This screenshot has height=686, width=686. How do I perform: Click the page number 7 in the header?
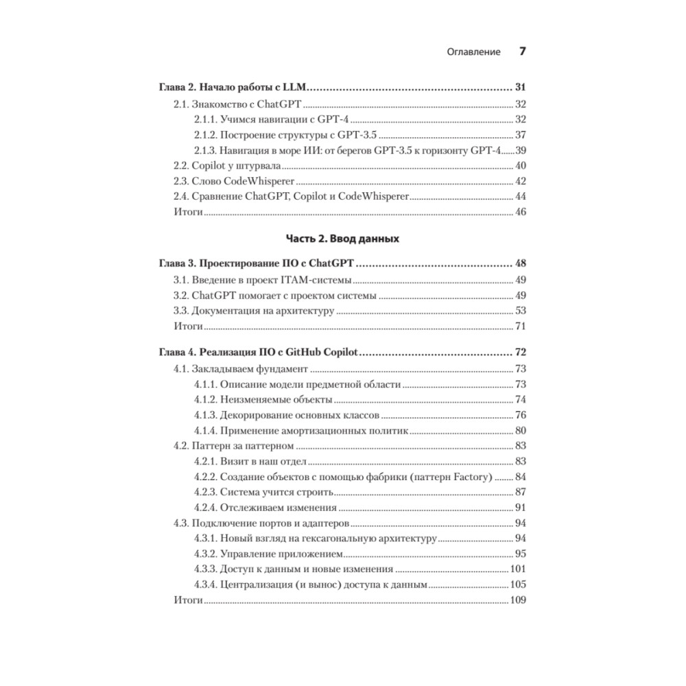[522, 51]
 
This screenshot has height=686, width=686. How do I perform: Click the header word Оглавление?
[473, 52]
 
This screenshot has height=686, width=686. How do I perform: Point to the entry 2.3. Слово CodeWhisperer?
[233, 181]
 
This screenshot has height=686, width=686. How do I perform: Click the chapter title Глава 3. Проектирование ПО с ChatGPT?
[261, 263]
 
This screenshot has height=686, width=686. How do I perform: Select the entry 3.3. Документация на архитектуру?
[253, 311]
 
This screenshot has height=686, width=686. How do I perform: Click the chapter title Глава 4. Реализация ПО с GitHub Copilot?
[261, 353]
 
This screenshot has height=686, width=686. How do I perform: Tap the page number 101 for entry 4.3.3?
[517, 569]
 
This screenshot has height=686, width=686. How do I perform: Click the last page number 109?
[517, 600]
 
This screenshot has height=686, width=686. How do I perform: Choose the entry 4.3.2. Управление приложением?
[268, 554]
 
